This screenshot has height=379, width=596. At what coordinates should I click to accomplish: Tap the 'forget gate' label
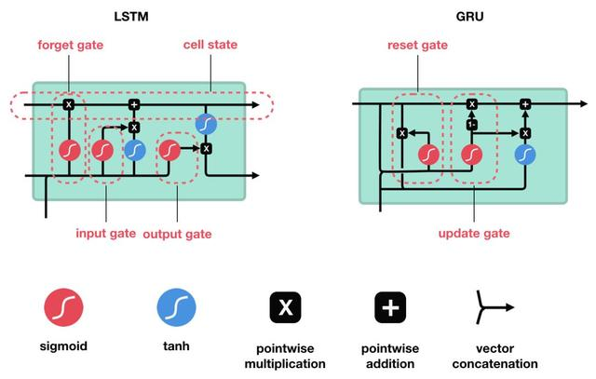point(71,46)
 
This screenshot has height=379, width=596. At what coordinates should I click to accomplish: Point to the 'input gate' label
point(105,233)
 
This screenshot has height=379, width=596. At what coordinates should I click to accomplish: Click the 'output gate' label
point(177,233)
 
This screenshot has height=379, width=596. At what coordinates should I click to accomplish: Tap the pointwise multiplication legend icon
point(285,306)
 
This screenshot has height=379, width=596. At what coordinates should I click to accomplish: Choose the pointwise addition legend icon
point(389,306)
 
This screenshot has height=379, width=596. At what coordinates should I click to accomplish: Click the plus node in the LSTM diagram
point(133,104)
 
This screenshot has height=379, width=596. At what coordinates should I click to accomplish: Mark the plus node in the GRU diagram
point(525,104)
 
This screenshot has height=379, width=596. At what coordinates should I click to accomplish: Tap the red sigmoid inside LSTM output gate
point(169,148)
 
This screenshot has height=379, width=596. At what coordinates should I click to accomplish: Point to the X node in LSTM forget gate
point(68,104)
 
